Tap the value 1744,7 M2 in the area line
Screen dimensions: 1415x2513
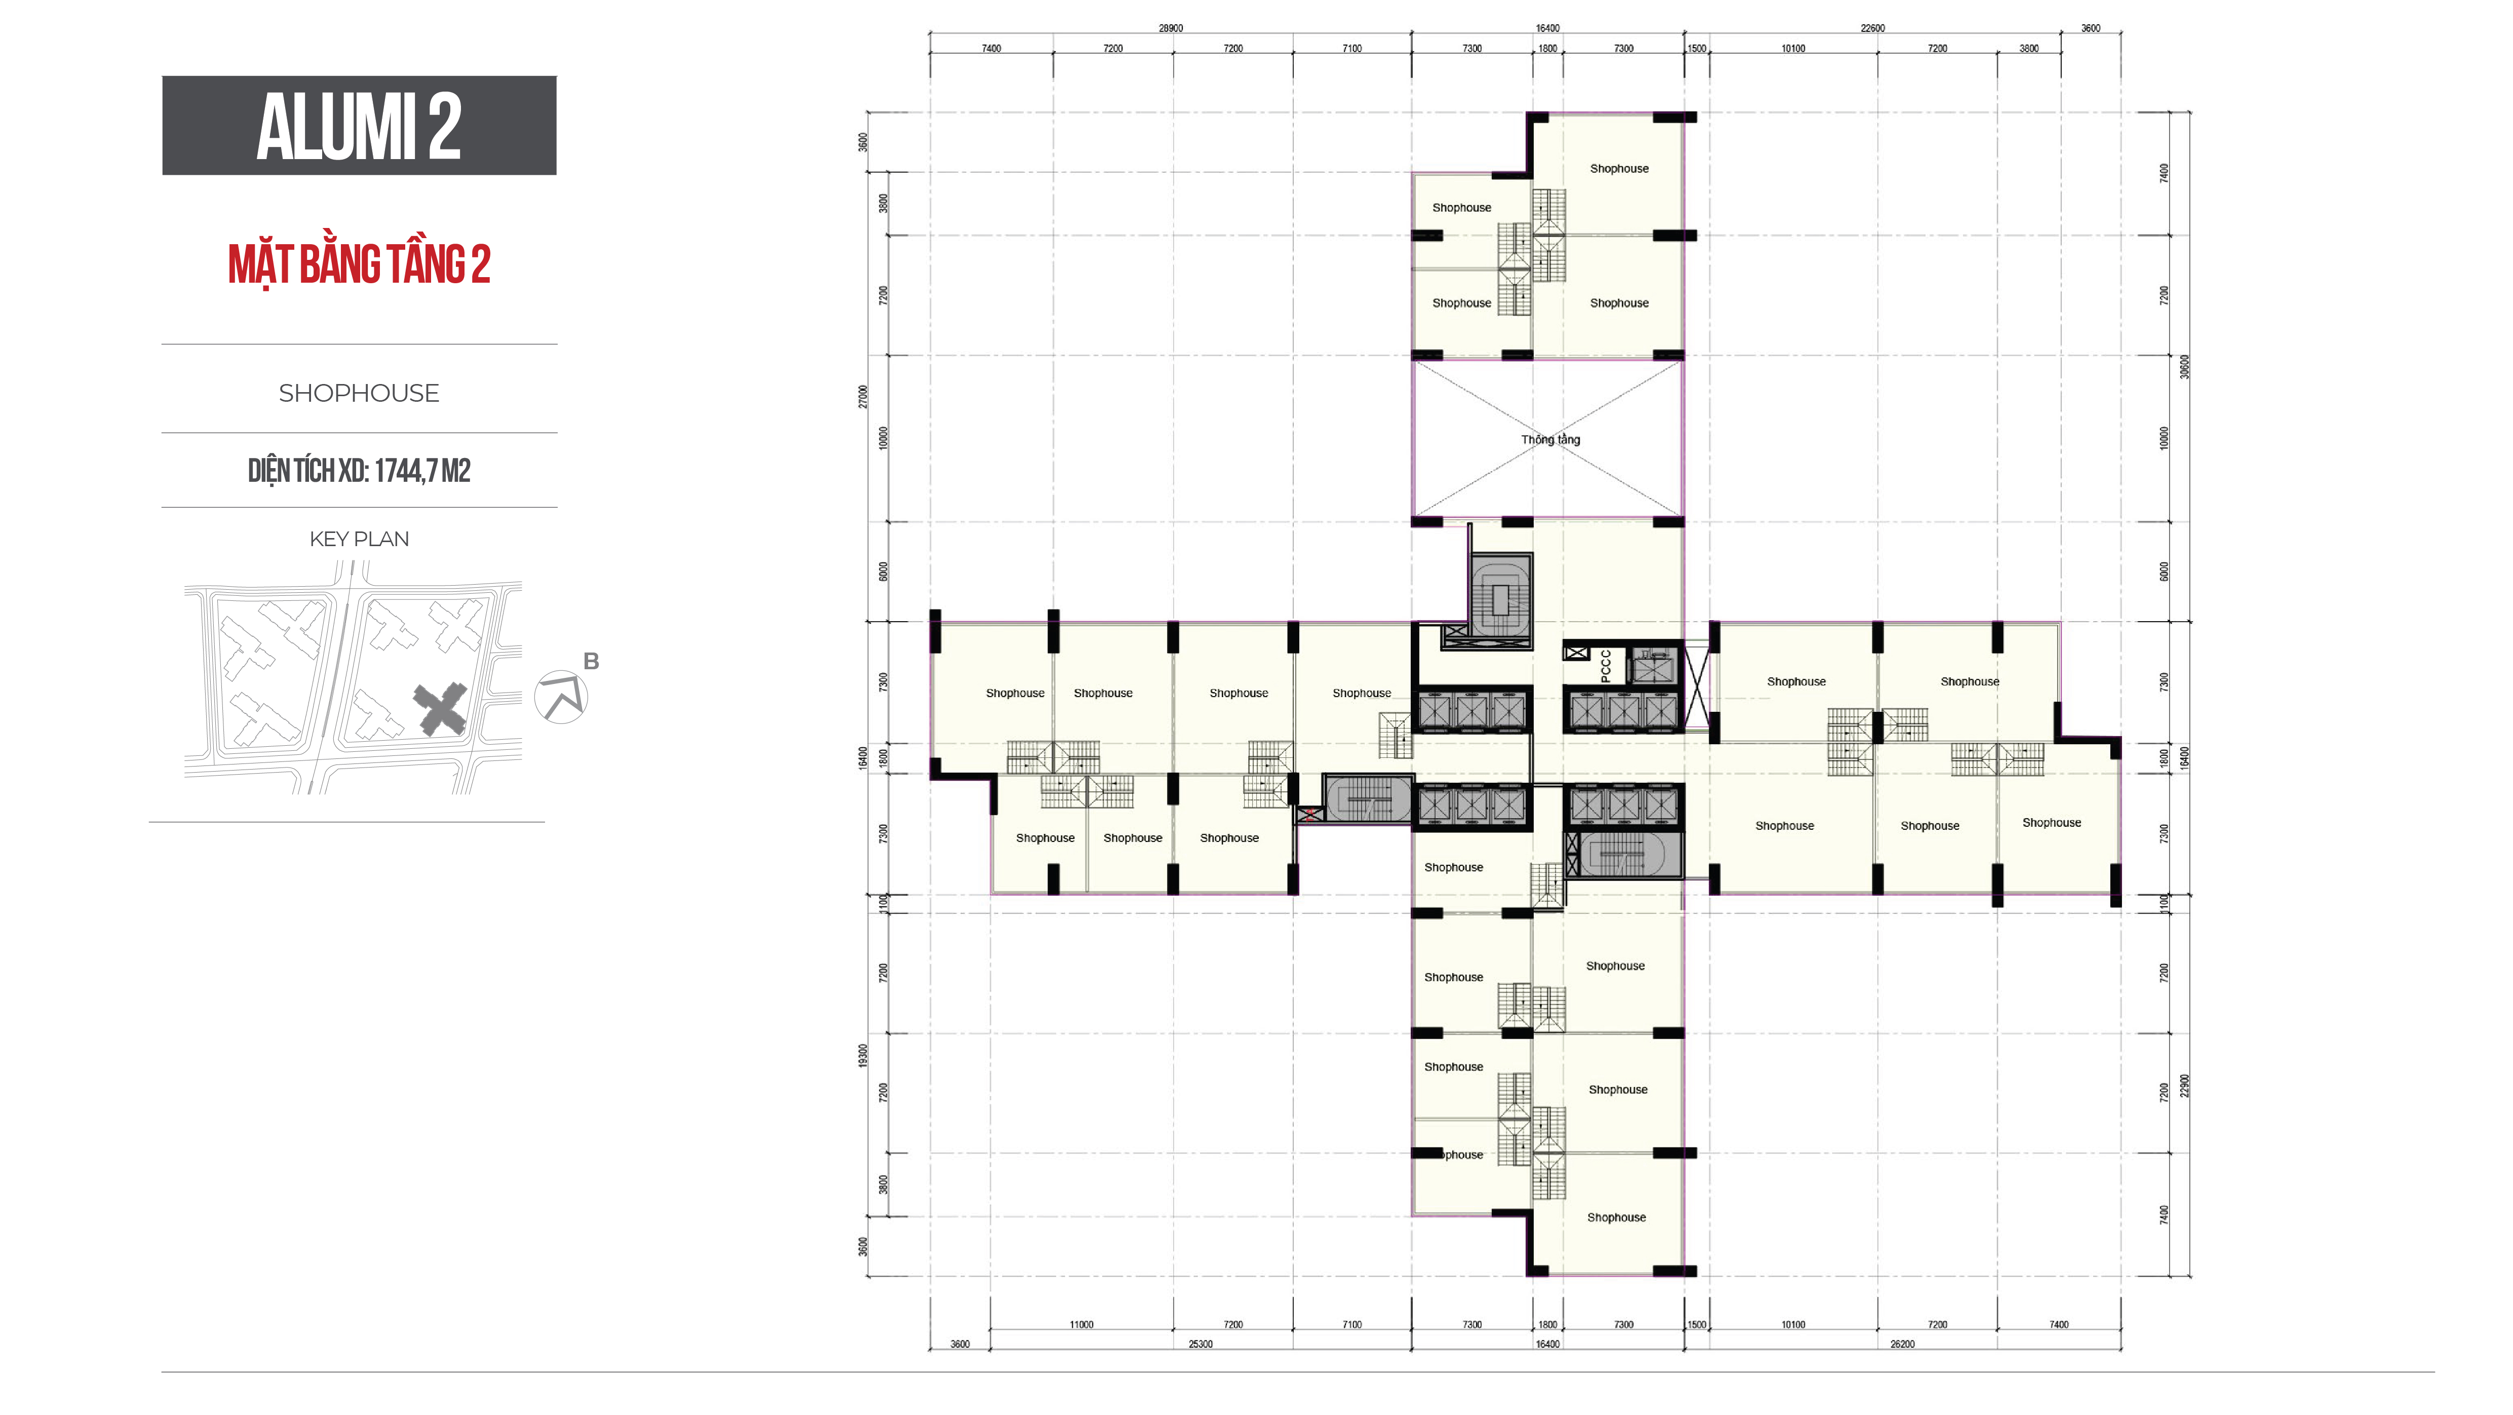click(x=421, y=470)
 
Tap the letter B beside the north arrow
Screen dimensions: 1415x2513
click(x=591, y=662)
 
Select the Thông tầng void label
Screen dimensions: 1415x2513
click(x=1550, y=439)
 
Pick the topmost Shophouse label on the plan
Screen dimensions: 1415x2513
click(x=1618, y=169)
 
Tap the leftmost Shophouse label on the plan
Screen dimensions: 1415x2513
click(x=1015, y=693)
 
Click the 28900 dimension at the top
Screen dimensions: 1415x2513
click(x=1170, y=28)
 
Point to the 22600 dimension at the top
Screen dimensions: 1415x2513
click(x=1872, y=28)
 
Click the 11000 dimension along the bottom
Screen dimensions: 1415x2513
click(x=1081, y=1324)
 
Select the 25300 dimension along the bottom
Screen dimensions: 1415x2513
click(x=1200, y=1344)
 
